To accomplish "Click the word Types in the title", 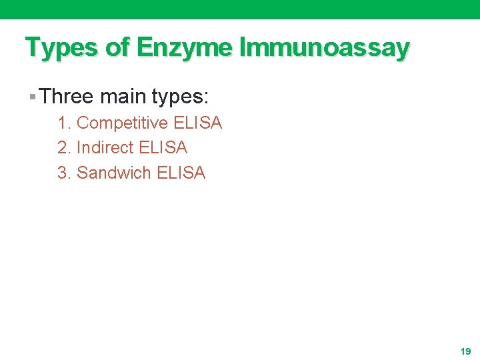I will tap(58, 48).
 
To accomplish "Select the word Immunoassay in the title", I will tap(324, 48).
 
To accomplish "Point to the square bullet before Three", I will tap(33, 97).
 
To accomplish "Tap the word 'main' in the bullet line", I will tap(123, 97).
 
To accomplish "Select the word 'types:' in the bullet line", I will tap(181, 97).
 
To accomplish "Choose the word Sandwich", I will tap(114, 173).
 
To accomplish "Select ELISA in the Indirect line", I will tap(163, 147).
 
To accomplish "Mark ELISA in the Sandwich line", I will tap(181, 173).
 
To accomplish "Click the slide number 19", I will tap(465, 351).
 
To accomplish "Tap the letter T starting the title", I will tap(31, 48).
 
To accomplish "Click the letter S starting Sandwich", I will tap(82, 173).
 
